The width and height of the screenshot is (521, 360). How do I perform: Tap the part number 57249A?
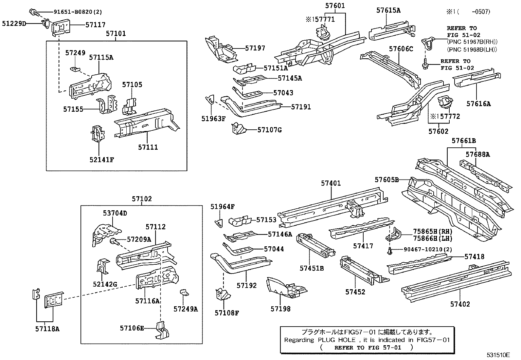[186, 309]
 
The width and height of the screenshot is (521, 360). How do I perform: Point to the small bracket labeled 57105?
[131, 105]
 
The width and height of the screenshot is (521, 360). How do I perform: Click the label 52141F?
[101, 160]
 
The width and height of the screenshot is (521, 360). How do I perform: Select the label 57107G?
[269, 130]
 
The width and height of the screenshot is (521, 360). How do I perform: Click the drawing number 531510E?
[498, 355]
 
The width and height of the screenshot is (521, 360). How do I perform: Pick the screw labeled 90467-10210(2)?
[389, 251]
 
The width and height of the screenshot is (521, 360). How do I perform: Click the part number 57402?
[460, 304]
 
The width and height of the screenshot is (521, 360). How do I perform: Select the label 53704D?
[115, 213]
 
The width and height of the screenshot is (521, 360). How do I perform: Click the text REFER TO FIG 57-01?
[368, 348]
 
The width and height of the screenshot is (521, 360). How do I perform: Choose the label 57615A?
[388, 10]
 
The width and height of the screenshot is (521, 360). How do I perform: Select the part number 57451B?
[312, 268]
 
